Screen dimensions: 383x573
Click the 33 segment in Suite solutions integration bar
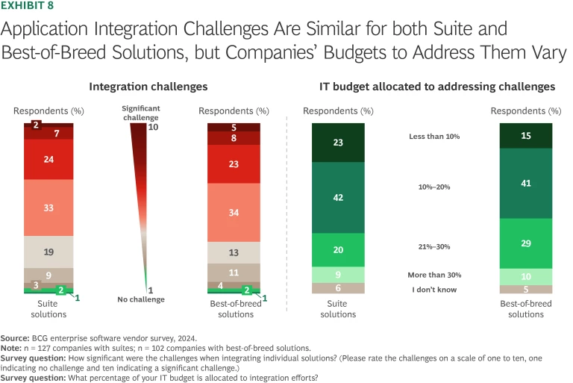[x=48, y=208]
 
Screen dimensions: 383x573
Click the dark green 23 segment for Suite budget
[x=337, y=143]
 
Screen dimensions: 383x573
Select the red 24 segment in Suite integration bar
[x=48, y=160]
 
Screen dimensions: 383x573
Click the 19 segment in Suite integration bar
[x=48, y=252]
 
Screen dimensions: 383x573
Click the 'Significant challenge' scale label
[x=141, y=113]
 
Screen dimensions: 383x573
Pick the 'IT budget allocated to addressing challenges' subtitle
[x=430, y=87]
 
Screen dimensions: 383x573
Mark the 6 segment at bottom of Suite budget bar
[x=337, y=288]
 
